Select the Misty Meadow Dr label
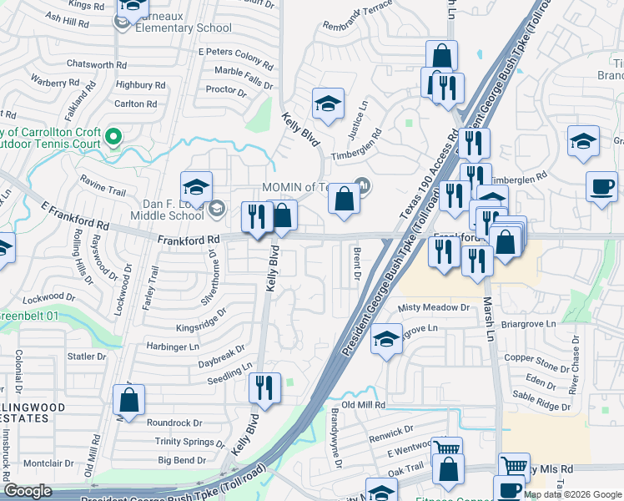coord(434,307)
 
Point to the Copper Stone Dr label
coord(536,358)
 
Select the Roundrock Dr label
coord(174,423)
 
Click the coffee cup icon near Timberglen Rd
coord(601,185)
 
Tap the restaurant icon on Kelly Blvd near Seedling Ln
coord(264,387)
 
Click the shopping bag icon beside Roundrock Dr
coord(129,400)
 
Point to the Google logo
coord(28,492)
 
